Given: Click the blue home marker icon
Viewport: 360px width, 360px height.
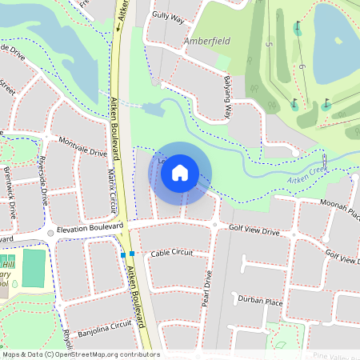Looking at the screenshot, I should point(180,171).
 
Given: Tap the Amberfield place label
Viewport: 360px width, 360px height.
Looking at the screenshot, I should point(207,41).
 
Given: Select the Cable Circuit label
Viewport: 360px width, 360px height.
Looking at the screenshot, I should point(172,252).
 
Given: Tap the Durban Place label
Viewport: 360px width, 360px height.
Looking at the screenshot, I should point(260,301).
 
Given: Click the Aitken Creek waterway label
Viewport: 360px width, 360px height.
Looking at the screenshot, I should point(307,174).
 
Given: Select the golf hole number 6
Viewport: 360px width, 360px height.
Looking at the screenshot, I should point(303,66).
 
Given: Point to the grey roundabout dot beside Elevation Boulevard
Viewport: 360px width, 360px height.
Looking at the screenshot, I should point(50,233).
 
